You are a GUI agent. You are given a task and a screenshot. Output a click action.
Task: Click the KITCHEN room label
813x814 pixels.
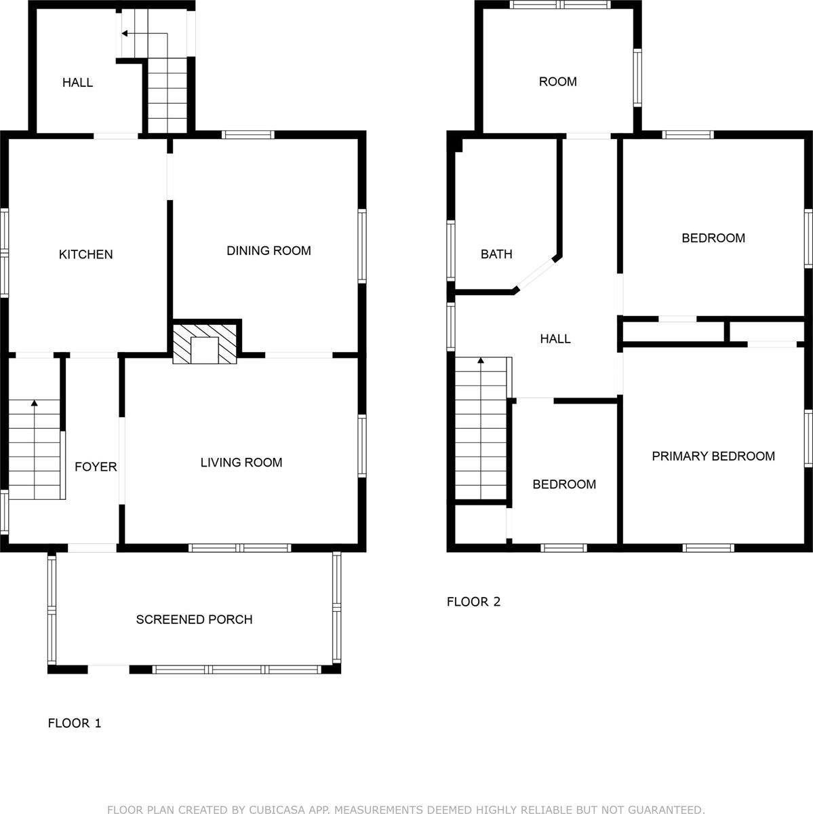click(85, 254)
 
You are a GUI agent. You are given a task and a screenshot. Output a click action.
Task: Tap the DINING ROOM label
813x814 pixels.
click(269, 250)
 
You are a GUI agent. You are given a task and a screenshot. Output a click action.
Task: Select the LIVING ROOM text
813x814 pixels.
click(241, 463)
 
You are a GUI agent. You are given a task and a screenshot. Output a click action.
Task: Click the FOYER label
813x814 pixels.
click(96, 467)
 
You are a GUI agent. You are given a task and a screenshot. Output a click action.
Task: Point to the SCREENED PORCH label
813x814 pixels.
click(194, 619)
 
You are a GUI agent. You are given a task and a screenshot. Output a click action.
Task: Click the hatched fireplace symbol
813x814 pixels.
click(205, 344)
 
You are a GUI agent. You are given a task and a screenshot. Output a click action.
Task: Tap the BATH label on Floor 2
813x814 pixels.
click(496, 254)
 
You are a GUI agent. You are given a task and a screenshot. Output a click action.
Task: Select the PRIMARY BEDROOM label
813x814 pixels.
click(713, 456)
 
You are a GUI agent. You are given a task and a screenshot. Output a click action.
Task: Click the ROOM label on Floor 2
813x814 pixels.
click(557, 81)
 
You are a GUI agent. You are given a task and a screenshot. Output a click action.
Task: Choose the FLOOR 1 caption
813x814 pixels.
click(75, 723)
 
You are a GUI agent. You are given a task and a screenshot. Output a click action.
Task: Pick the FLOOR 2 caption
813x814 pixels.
click(473, 602)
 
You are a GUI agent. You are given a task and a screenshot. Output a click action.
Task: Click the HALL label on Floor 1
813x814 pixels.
click(77, 83)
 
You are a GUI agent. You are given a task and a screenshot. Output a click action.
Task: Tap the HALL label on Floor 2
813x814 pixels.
click(555, 338)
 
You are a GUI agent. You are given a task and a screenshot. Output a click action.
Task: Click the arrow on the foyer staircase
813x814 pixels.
click(35, 404)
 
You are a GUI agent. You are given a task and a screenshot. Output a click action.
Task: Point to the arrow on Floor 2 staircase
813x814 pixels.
click(481, 362)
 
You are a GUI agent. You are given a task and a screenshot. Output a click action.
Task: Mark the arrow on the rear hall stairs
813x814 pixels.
click(126, 33)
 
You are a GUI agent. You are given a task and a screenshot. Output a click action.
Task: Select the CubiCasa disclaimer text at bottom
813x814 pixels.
click(406, 809)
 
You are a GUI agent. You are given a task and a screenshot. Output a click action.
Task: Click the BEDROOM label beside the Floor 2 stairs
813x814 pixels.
click(563, 484)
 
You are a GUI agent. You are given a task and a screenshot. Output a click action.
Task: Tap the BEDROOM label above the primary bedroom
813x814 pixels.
click(713, 238)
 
